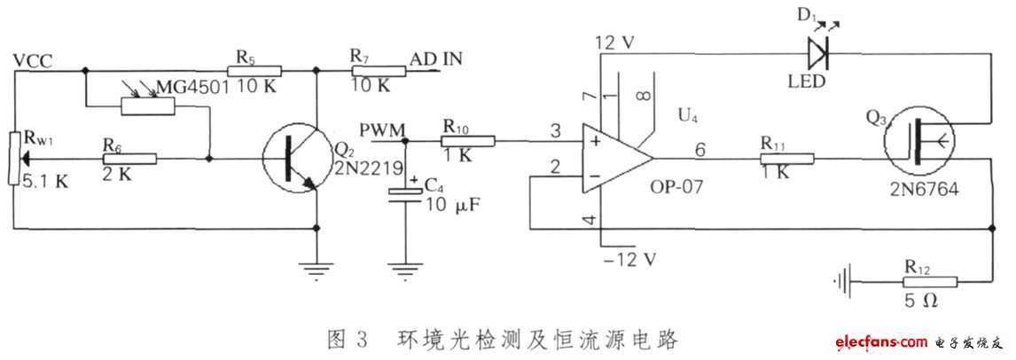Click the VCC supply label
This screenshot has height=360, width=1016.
tap(33, 60)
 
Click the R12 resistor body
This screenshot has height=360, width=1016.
tap(931, 282)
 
